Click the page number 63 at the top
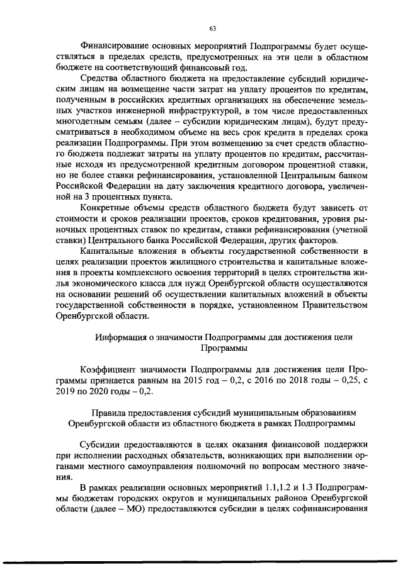tap(212, 28)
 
